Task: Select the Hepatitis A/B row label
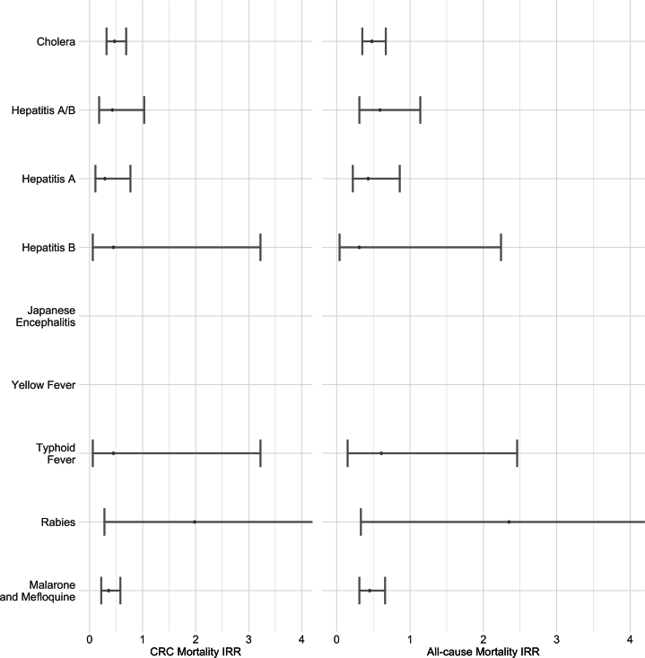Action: tap(43, 110)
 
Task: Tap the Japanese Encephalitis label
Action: tap(51, 316)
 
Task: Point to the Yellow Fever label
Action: tap(43, 385)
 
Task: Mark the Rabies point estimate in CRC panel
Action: tap(195, 522)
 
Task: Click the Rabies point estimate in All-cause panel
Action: tap(509, 522)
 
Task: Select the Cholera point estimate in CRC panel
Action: tap(114, 41)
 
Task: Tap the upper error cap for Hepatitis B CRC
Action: tap(260, 247)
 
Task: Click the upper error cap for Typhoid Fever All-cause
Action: tap(518, 453)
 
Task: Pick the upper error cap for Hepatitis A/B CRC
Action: tap(144, 110)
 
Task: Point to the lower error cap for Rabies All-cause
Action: tap(361, 522)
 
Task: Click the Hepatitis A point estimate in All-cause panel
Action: tap(368, 179)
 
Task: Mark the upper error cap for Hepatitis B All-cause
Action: tap(501, 247)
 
